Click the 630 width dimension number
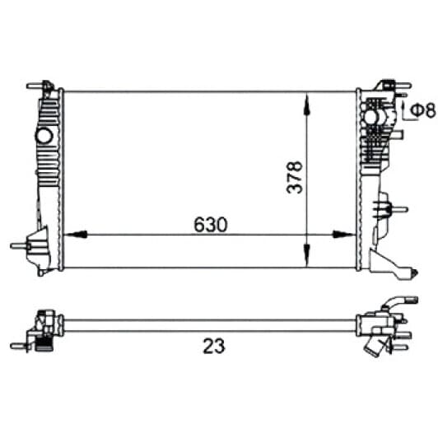click(x=211, y=225)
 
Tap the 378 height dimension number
click(x=295, y=177)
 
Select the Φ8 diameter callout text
click(x=423, y=109)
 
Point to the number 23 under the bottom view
click(x=214, y=347)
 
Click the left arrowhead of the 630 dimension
click(x=75, y=235)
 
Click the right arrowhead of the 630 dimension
click(x=345, y=235)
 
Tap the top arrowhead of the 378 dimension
click(x=307, y=104)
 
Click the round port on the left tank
click(x=44, y=136)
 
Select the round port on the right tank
click(x=370, y=117)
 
